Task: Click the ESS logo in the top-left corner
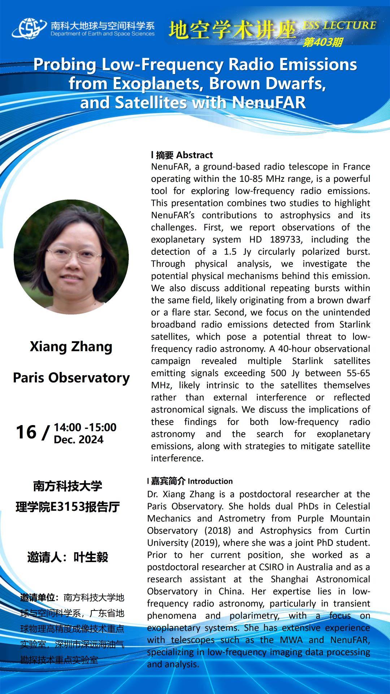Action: pos(29,28)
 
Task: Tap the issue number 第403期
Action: pos(322,42)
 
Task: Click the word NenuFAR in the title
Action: pos(269,103)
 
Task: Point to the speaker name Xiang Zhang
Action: pos(71,346)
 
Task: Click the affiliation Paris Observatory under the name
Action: pos(71,378)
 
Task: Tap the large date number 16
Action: pos(26,432)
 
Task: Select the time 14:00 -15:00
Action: pos(85,427)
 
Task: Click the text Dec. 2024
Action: pos(78,440)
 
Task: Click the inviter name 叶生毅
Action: pos(91,557)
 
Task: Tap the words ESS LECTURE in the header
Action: pos(339,25)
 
